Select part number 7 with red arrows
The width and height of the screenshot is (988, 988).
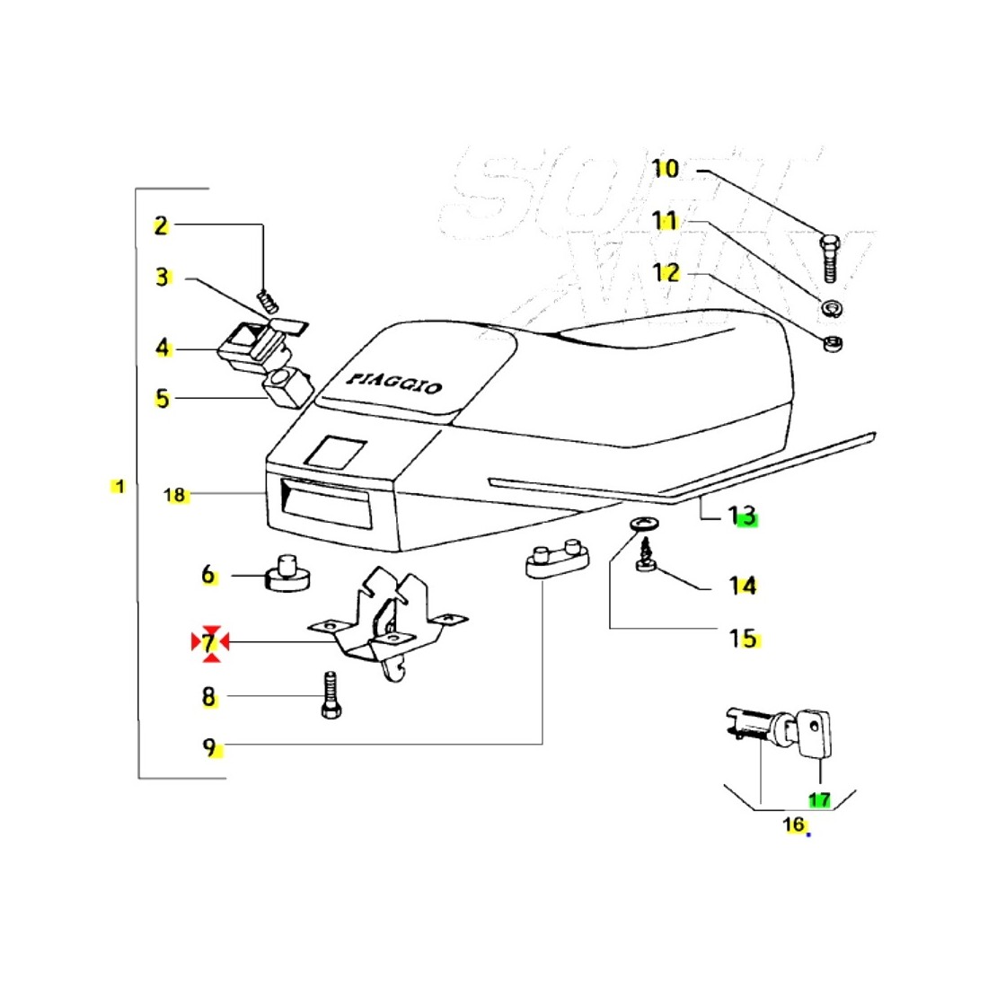click(209, 642)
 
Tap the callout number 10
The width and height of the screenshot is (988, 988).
click(666, 168)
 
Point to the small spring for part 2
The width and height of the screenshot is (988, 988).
click(265, 298)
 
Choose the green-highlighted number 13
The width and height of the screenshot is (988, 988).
click(743, 516)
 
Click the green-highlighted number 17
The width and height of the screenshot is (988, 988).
click(818, 798)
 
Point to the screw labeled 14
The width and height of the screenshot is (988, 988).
click(644, 557)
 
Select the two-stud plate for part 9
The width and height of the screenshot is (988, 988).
click(555, 561)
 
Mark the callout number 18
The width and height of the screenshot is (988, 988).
click(174, 494)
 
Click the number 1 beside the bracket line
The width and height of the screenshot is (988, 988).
click(119, 486)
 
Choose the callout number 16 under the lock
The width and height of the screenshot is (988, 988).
click(793, 824)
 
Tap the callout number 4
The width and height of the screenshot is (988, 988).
click(162, 348)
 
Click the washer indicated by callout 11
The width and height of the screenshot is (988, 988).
click(829, 306)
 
